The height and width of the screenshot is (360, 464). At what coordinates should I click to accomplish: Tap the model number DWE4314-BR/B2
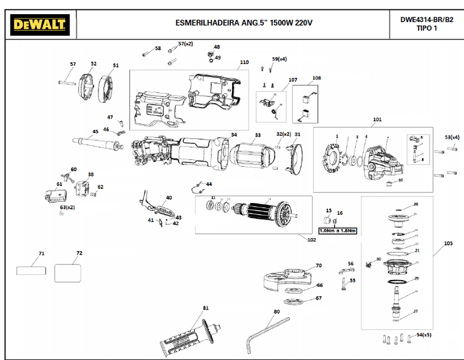coord(427,19)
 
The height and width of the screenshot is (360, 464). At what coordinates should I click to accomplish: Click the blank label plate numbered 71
coord(31,270)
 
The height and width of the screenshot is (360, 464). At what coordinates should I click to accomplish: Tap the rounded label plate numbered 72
coord(68,271)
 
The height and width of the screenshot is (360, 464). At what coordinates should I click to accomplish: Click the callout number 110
coord(244,62)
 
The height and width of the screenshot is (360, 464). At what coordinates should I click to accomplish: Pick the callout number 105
coord(447,244)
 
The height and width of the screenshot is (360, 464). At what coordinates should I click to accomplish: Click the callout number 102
coord(311,239)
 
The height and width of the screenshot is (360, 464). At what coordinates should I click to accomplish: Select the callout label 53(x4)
coord(452,137)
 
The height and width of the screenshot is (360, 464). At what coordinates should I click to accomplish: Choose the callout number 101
coord(377,119)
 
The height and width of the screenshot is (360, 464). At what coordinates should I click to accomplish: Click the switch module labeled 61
coord(56,195)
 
